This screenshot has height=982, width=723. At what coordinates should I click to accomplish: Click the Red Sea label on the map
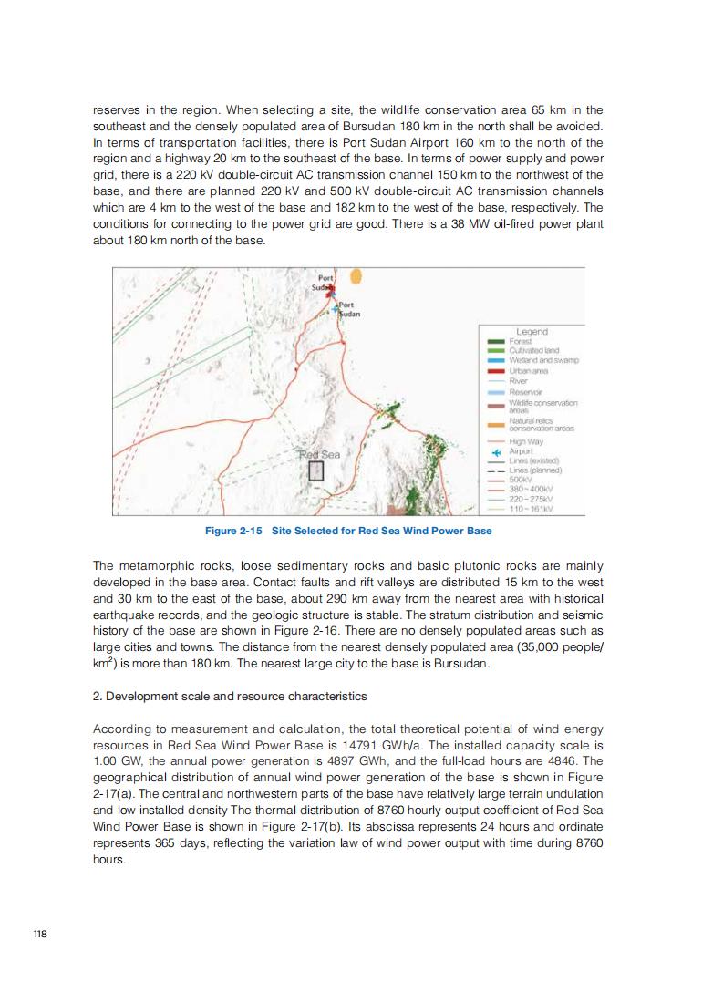319,454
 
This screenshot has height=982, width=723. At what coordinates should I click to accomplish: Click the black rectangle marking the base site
315,471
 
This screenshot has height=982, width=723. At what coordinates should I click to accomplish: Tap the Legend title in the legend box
532,332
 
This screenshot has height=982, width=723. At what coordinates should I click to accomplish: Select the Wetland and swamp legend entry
543,361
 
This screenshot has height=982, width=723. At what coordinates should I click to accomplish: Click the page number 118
39,934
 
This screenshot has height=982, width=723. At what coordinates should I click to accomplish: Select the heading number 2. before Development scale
98,696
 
